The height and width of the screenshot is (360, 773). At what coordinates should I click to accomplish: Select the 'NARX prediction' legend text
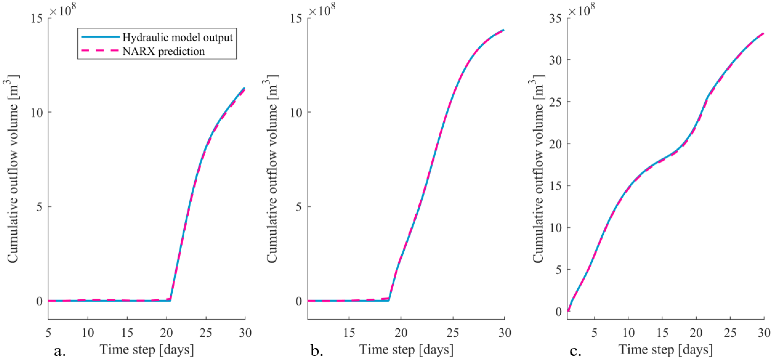(164, 51)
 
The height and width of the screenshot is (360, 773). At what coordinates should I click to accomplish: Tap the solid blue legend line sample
(100, 37)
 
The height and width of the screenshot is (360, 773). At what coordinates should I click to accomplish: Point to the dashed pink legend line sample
(100, 51)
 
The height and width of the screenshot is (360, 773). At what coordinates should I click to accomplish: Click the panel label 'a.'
(60, 350)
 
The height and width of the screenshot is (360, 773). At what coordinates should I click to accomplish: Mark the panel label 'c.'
(575, 350)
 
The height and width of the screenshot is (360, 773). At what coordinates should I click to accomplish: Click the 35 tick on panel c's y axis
(555, 19)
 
